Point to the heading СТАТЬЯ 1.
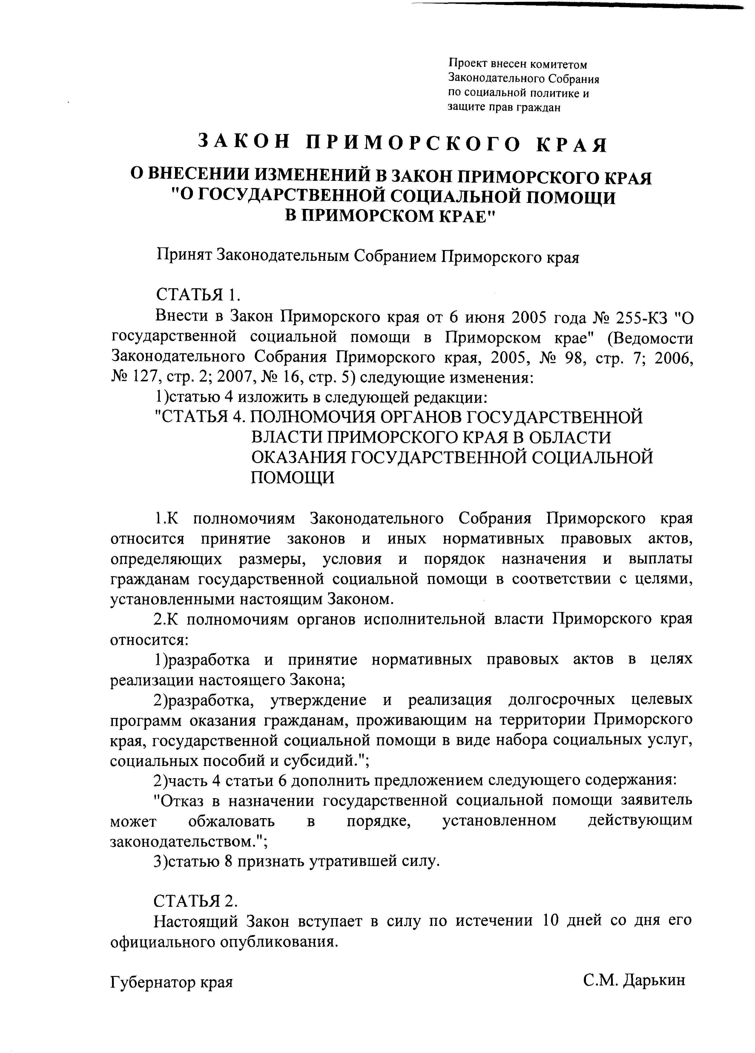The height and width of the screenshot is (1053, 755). pyautogui.click(x=197, y=295)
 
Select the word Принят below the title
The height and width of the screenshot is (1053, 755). pyautogui.click(x=182, y=256)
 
